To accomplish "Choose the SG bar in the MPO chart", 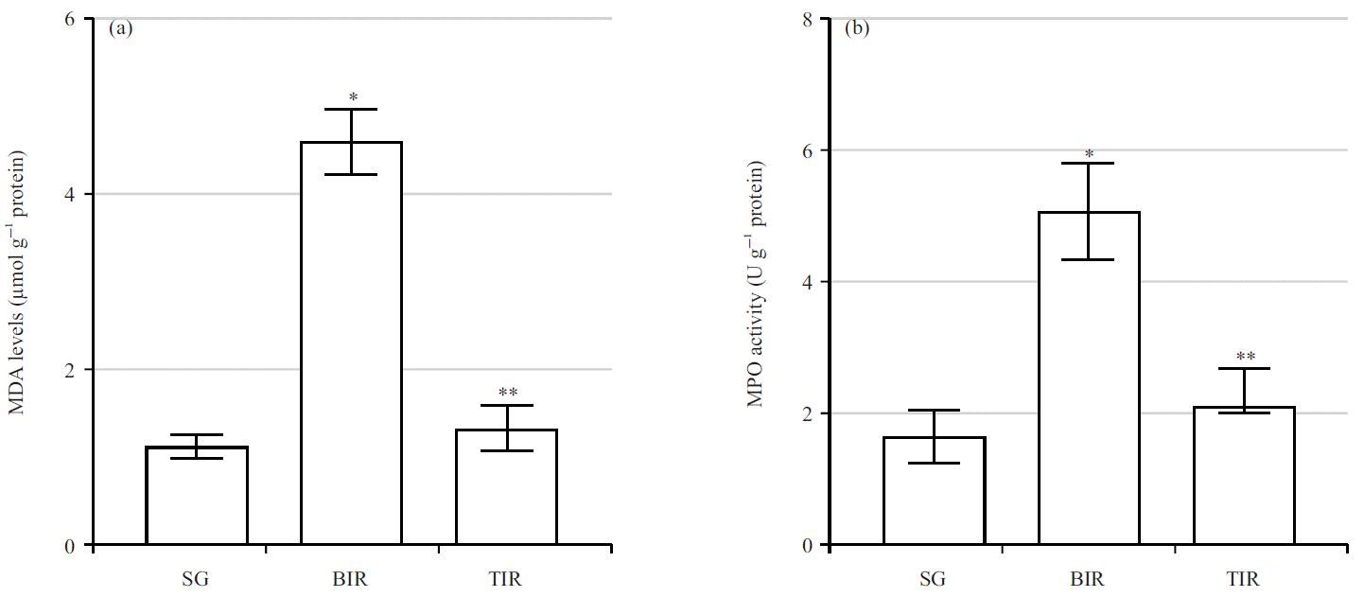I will [934, 491].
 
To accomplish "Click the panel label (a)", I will [120, 27].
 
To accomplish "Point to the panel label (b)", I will [857, 27].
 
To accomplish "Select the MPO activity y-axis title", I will [755, 283].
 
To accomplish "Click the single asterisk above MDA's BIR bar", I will [352, 97].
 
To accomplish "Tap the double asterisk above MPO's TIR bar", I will [1245, 357].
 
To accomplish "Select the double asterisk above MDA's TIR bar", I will [508, 393].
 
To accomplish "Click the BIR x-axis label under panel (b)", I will [1089, 579].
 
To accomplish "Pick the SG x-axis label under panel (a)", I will [197, 579].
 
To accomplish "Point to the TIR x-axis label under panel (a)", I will [506, 579].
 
